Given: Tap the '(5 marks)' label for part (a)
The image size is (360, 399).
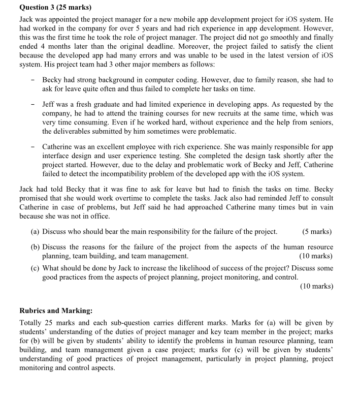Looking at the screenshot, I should pyautogui.click(x=317, y=232).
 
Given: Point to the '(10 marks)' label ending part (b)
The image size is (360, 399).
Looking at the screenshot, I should pyautogui.click(x=316, y=256).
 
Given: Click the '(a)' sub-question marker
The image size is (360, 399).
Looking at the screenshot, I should pyautogui.click(x=36, y=232).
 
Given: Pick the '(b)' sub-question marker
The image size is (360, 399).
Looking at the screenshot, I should pyautogui.click(x=36, y=247).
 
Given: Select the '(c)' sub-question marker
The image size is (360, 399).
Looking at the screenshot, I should pyautogui.click(x=36, y=268).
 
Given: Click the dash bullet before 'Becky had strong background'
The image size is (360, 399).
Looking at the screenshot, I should pyautogui.click(x=32, y=80).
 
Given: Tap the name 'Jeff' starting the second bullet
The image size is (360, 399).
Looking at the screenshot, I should pyautogui.click(x=49, y=104).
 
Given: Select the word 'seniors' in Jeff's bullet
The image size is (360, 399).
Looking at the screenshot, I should pyautogui.click(x=318, y=122).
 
